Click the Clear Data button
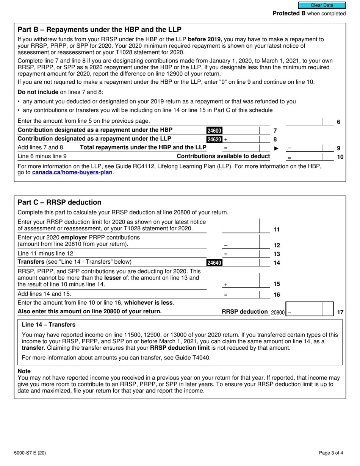(322, 5)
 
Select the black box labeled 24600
(214, 131)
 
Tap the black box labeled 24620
(214, 139)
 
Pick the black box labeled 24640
(214, 263)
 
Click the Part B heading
(100, 30)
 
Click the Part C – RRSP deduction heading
(59, 202)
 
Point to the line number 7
(275, 131)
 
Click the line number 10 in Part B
(340, 156)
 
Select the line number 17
(340, 312)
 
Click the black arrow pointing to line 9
(276, 148)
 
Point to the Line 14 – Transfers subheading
(49, 325)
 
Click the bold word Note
(24, 371)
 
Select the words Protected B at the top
(289, 14)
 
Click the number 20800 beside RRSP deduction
(277, 312)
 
